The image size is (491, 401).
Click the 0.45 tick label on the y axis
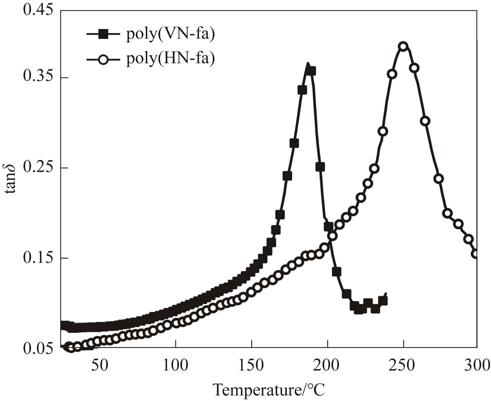pyautogui.click(x=38, y=10)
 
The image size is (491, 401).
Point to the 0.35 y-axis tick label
pyautogui.click(x=38, y=77)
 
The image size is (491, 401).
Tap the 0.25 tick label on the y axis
pyautogui.click(x=38, y=167)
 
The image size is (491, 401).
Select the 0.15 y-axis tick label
pyautogui.click(x=38, y=258)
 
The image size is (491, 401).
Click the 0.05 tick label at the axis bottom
pyautogui.click(x=38, y=348)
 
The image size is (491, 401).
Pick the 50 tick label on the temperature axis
pyautogui.click(x=100, y=365)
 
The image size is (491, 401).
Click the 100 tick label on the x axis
pyautogui.click(x=176, y=365)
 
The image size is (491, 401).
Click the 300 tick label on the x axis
pyautogui.click(x=477, y=365)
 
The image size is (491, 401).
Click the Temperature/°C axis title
pyautogui.click(x=269, y=390)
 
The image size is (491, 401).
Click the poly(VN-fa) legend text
pyautogui.click(x=170, y=34)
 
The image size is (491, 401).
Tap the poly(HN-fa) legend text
pyautogui.click(x=170, y=59)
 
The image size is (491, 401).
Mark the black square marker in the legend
pyautogui.click(x=103, y=34)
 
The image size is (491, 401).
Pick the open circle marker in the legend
pyautogui.click(x=103, y=60)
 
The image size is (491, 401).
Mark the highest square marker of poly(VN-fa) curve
pyautogui.click(x=311, y=71)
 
